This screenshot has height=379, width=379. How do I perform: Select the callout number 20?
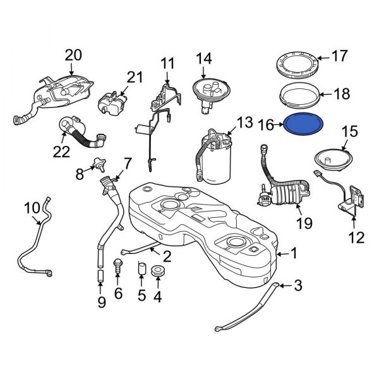tap(73, 56)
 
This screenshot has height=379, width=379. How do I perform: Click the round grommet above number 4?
tap(157, 272)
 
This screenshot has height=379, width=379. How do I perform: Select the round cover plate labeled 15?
tap(332, 156)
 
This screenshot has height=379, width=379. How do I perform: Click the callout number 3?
tap(298, 286)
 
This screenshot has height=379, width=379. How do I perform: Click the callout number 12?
tap(356, 238)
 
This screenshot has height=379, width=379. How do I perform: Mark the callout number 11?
tap(167, 64)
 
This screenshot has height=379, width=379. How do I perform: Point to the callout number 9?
tap(101, 302)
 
